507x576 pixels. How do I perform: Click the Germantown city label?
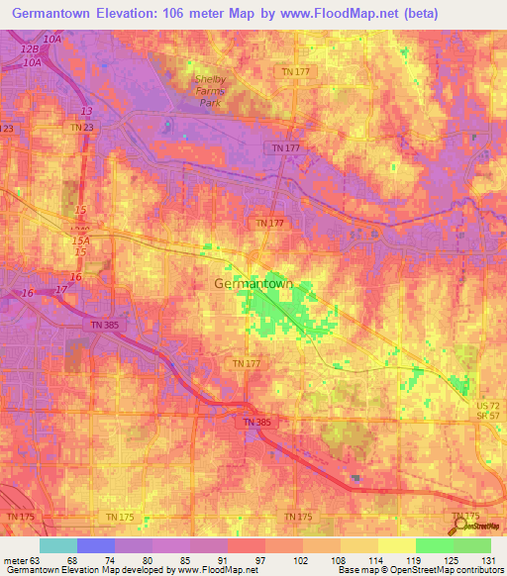point(254,283)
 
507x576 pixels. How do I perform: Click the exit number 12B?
point(29,49)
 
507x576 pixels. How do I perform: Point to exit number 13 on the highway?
point(86,111)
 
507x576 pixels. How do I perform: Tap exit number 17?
point(61,288)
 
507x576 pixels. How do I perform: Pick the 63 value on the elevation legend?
point(36,561)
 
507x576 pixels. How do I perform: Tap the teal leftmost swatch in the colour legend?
point(58,545)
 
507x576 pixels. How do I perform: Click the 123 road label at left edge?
point(8,129)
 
